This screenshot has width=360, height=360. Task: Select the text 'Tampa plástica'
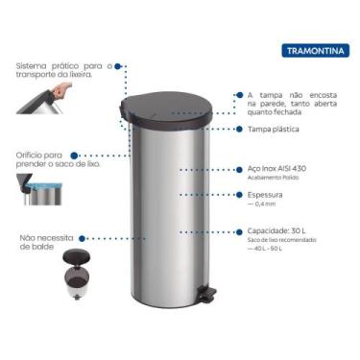[273, 129]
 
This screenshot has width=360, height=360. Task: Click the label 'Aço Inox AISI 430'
[278, 168]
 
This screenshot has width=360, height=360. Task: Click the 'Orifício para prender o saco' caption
[43, 159]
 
